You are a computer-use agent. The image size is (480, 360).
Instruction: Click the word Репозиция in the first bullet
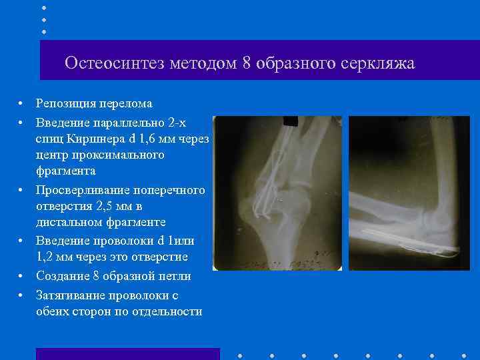click(x=65, y=103)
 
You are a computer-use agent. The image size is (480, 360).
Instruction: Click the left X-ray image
click(x=276, y=193)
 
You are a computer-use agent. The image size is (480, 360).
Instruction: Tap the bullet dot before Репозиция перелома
click(x=21, y=104)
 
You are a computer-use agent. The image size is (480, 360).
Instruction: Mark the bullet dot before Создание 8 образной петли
click(x=21, y=277)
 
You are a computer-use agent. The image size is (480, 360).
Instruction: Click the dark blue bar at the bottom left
click(x=127, y=353)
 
